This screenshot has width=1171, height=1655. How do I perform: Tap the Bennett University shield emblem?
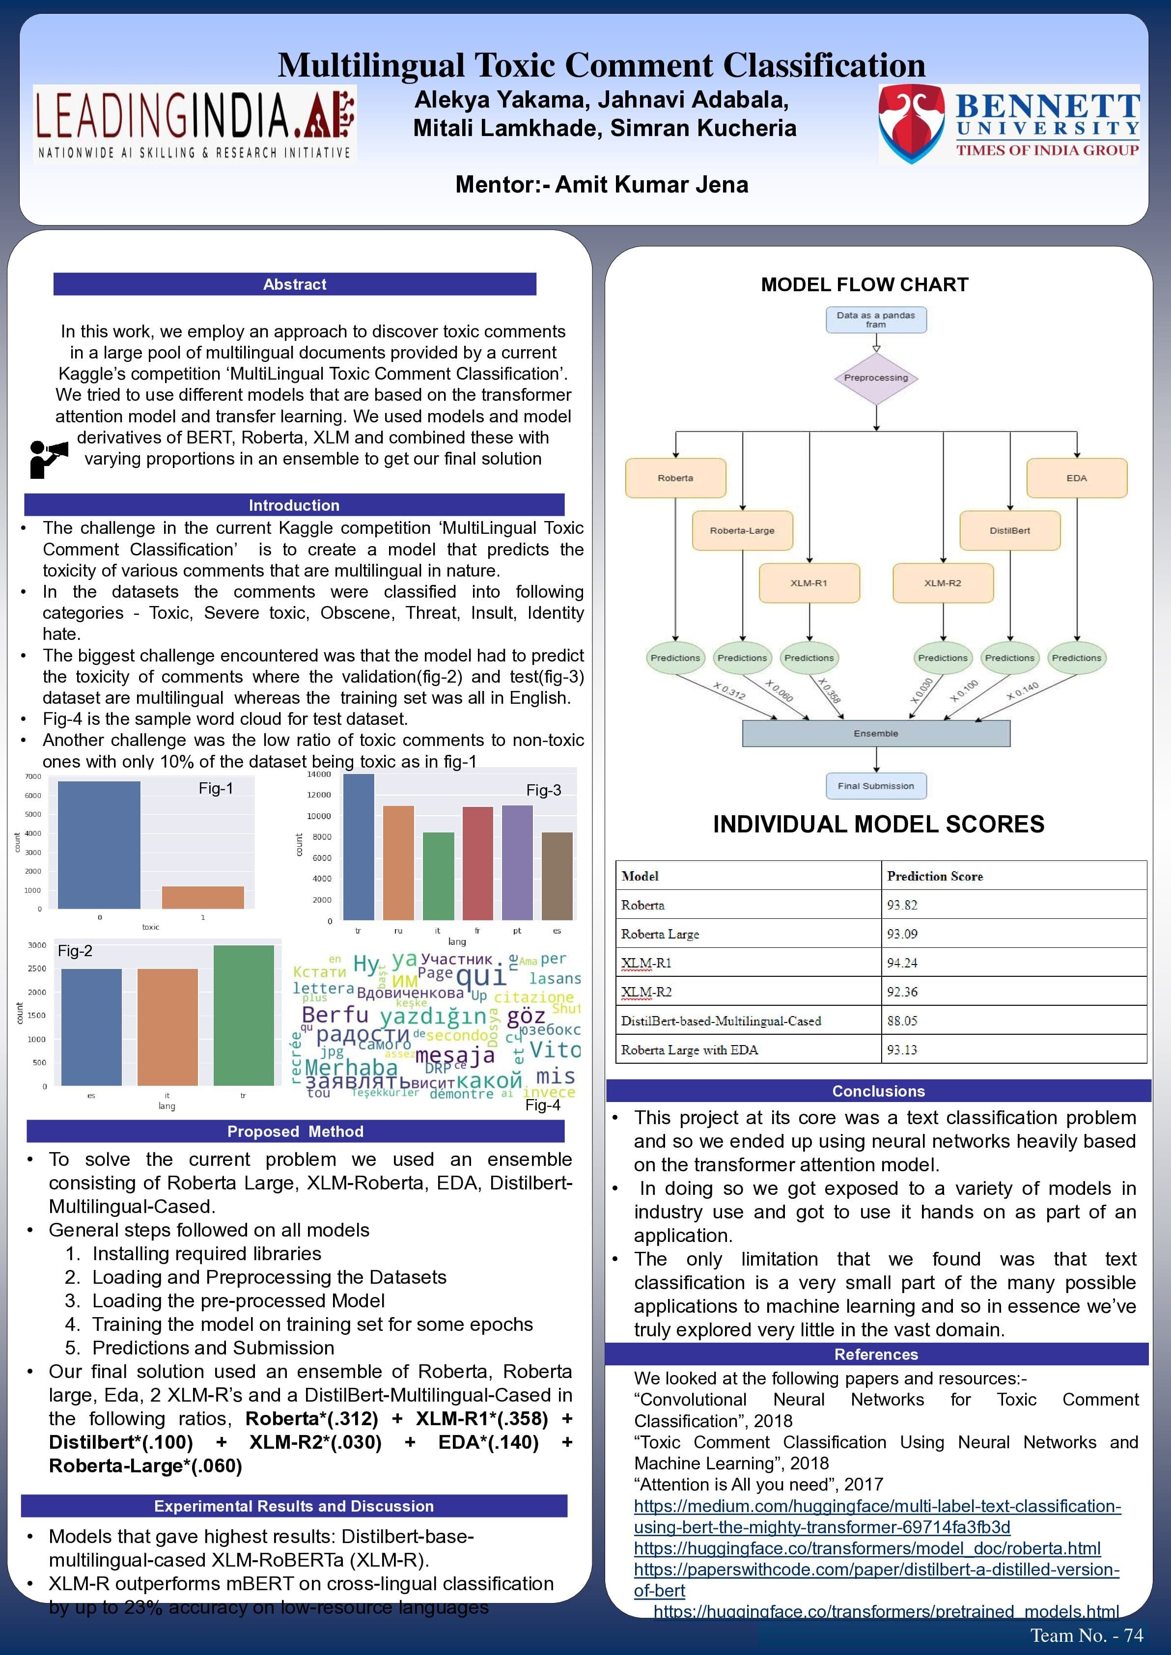[x=912, y=123]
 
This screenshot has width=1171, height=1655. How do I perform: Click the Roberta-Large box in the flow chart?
[x=742, y=530]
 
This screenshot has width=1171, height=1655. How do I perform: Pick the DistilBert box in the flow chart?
[x=1009, y=530]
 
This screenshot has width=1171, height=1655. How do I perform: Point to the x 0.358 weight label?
[x=829, y=690]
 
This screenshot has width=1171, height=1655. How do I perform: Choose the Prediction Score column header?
[x=935, y=876]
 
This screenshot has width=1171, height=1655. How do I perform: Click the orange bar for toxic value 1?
[x=203, y=897]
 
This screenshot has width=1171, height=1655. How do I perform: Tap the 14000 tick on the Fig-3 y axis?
[x=319, y=774]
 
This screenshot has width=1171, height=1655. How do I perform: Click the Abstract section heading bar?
[x=294, y=284]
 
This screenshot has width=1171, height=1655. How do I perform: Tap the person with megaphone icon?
[x=48, y=459]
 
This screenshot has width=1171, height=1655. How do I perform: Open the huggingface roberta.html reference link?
[x=867, y=1547]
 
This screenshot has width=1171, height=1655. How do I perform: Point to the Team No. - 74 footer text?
[x=1086, y=1635]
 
